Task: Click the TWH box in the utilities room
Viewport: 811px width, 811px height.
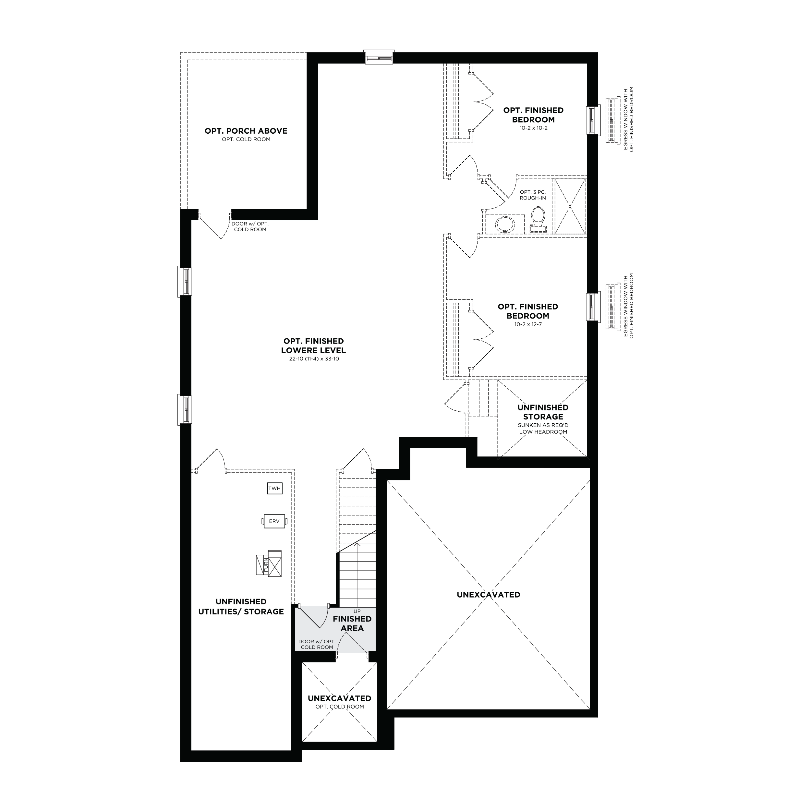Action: point(274,488)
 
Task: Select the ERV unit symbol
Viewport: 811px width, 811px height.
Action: point(274,521)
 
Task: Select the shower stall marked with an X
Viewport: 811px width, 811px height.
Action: point(570,206)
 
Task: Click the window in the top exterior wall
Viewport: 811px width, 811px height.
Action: point(379,57)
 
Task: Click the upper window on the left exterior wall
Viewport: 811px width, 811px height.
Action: point(185,281)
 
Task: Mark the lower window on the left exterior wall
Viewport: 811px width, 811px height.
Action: point(185,409)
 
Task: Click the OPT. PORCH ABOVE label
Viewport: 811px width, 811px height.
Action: point(246,131)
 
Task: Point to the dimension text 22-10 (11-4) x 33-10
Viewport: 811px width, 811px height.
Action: point(314,359)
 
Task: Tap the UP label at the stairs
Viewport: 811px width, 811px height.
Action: point(357,611)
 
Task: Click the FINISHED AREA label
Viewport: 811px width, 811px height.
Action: point(352,623)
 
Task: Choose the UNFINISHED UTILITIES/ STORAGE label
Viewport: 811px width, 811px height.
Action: point(241,607)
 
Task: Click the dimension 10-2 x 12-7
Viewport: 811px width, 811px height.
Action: point(528,324)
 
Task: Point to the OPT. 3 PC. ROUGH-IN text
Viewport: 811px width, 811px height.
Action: point(533,195)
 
